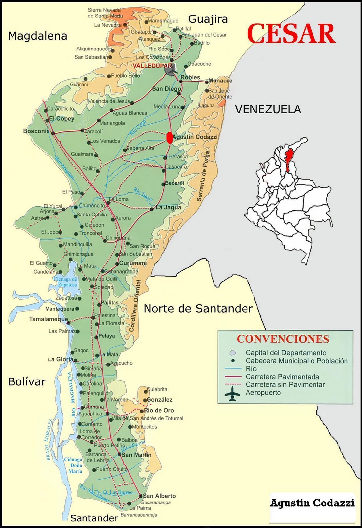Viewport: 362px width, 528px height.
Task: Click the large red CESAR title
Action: click(291, 34)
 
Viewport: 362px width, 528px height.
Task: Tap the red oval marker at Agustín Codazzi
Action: click(170, 138)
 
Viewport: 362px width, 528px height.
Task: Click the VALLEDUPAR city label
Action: click(152, 66)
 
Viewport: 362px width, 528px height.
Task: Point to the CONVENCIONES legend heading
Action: click(283, 339)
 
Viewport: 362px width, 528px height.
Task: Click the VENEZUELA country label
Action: click(268, 109)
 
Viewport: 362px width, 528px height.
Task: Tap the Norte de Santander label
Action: click(198, 309)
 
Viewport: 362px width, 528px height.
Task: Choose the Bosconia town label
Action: click(36, 131)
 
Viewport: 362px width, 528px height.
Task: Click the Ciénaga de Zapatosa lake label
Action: click(65, 282)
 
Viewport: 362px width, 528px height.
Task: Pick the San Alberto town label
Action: click(159, 496)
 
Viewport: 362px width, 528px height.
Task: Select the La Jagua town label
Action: click(168, 208)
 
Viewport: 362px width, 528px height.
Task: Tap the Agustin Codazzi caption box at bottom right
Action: click(312, 503)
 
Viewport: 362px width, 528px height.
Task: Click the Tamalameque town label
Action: click(49, 319)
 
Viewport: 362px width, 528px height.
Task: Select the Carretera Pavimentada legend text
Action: click(282, 377)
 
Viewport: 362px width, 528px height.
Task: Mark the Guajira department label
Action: click(208, 19)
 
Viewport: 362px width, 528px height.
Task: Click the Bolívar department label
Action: click(27, 382)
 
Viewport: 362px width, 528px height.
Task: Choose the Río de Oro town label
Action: click(159, 411)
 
